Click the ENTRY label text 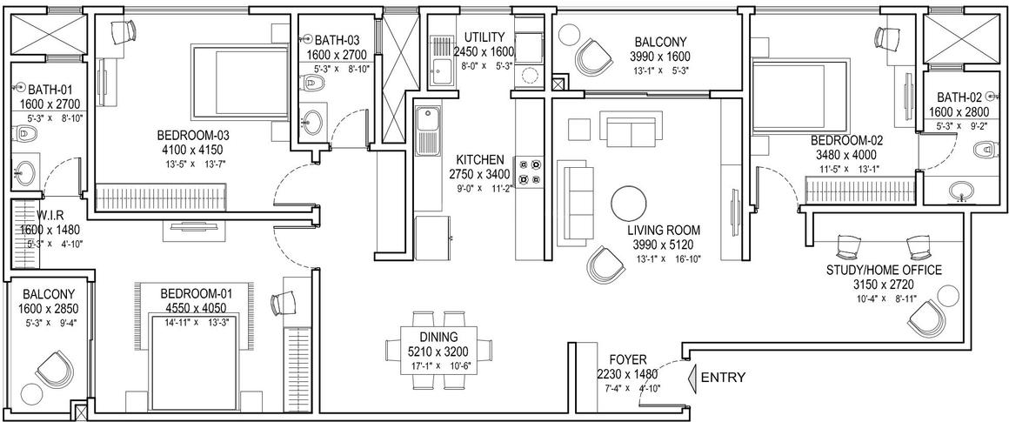coord(724,378)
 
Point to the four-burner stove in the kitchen coord(530,172)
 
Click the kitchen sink coord(426,131)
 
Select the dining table coord(438,350)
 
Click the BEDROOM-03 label coord(193,136)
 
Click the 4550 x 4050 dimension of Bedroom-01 coord(197,308)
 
